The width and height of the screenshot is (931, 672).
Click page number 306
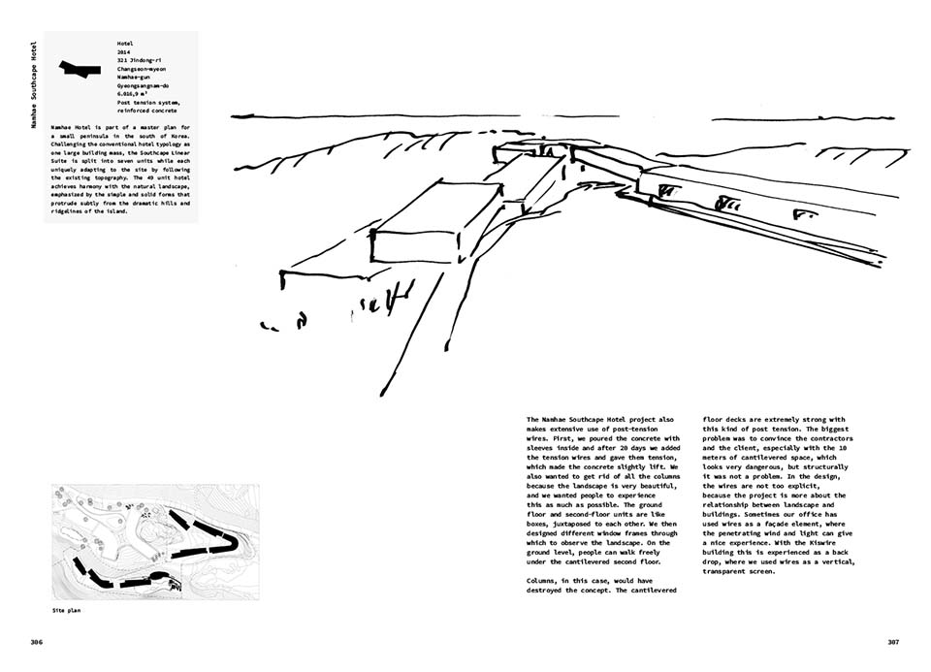click(36, 642)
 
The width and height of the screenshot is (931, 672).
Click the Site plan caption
click(65, 612)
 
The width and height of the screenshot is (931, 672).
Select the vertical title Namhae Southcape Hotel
click(34, 86)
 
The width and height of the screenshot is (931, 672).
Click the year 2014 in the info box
click(124, 53)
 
